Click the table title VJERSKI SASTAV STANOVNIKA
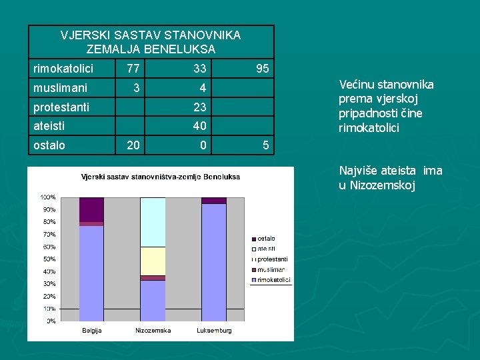point(151,35)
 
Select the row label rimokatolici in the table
point(63,69)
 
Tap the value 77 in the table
point(133,69)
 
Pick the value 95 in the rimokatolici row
point(263,69)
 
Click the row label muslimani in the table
point(61,87)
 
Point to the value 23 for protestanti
point(199,107)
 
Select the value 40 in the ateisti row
point(199,125)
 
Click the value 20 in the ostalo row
point(133,145)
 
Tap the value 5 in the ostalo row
point(265,145)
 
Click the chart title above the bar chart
point(160,177)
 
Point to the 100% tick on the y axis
point(48,197)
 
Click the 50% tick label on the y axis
point(49,259)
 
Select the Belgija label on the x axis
point(91,331)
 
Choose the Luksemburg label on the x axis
point(214,331)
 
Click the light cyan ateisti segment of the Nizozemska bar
point(153,222)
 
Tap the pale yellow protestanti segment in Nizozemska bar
point(153,261)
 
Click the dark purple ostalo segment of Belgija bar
point(91,209)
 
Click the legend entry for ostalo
point(265,239)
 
